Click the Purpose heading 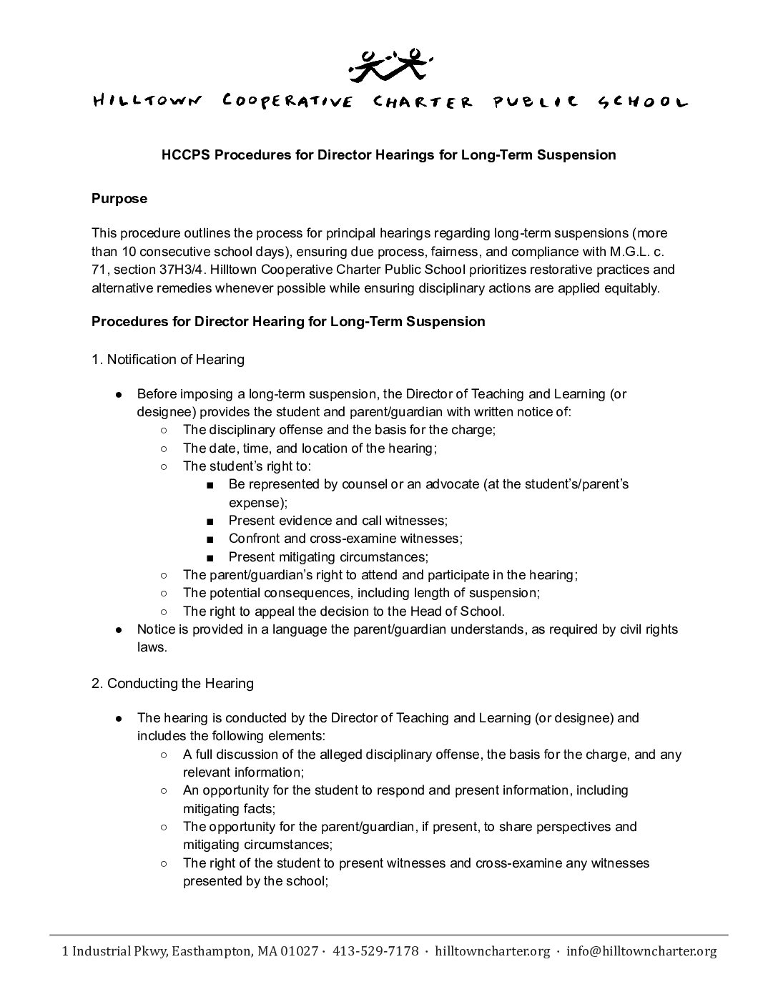[119, 199]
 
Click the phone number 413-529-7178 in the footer [375, 951]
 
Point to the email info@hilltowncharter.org [641, 951]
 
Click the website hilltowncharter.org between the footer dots [493, 951]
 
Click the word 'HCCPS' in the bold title [184, 154]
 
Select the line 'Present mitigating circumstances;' [328, 556]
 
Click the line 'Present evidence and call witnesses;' [338, 521]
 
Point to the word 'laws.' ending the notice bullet [152, 647]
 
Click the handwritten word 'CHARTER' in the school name [423, 102]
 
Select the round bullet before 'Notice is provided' [119, 629]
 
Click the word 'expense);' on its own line [258, 502]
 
